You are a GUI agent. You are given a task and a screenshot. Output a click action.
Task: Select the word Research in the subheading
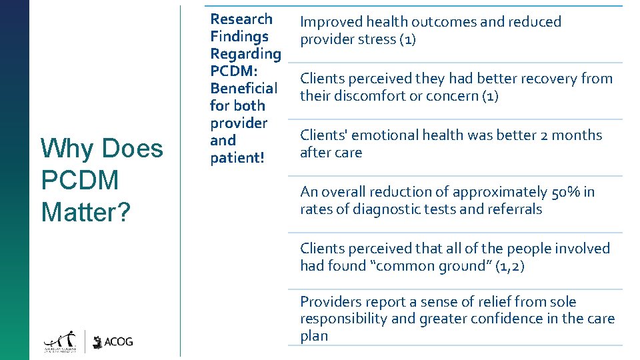[x=241, y=19]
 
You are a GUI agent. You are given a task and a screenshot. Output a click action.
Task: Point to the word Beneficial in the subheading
[x=243, y=89]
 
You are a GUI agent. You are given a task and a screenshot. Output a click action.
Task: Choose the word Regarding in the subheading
[x=245, y=54]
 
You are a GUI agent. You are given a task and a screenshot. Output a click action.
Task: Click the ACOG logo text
[x=119, y=341]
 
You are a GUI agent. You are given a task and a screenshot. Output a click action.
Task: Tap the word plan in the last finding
[x=313, y=335]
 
